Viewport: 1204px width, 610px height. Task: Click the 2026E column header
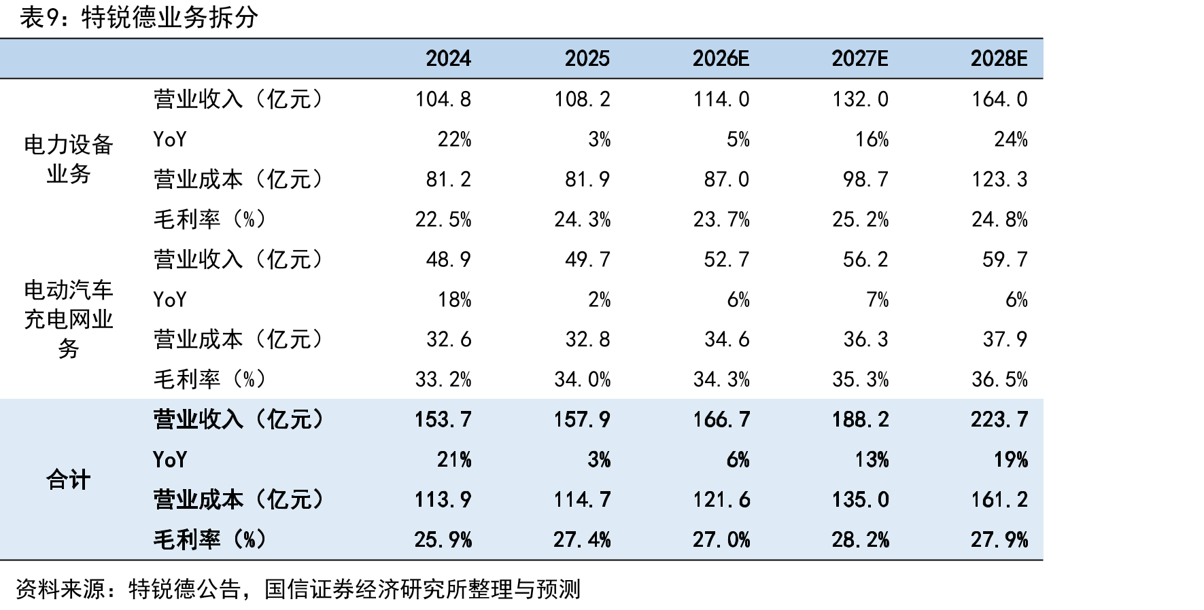pyautogui.click(x=721, y=58)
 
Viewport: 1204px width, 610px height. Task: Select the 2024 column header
pyautogui.click(x=448, y=58)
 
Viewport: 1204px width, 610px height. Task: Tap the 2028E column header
pyautogui.click(x=999, y=58)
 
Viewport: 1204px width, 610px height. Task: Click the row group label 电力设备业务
pyautogui.click(x=69, y=159)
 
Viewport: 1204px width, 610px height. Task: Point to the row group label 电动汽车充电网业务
pyautogui.click(x=69, y=319)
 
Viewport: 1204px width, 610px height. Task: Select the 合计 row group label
pyautogui.click(x=69, y=480)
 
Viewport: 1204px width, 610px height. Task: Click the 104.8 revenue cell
pyautogui.click(x=443, y=99)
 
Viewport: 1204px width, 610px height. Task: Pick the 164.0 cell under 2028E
pyautogui.click(x=999, y=99)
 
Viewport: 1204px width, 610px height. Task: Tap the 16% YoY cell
pyautogui.click(x=872, y=139)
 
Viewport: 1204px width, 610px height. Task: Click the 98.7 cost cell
pyautogui.click(x=865, y=179)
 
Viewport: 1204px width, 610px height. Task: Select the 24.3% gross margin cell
pyautogui.click(x=582, y=219)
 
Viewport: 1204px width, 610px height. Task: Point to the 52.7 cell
pyautogui.click(x=727, y=259)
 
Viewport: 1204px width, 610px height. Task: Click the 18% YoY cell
pyautogui.click(x=454, y=300)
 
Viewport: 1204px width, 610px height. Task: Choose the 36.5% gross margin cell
pyautogui.click(x=999, y=379)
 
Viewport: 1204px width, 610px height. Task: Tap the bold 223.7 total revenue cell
pyautogui.click(x=999, y=419)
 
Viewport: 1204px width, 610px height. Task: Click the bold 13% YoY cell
pyautogui.click(x=872, y=460)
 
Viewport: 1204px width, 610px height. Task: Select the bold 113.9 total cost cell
pyautogui.click(x=443, y=500)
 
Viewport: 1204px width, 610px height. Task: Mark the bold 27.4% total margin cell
pyautogui.click(x=582, y=540)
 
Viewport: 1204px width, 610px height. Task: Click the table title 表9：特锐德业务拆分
pyautogui.click(x=139, y=17)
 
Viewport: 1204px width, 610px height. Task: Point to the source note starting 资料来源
pyautogui.click(x=298, y=588)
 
